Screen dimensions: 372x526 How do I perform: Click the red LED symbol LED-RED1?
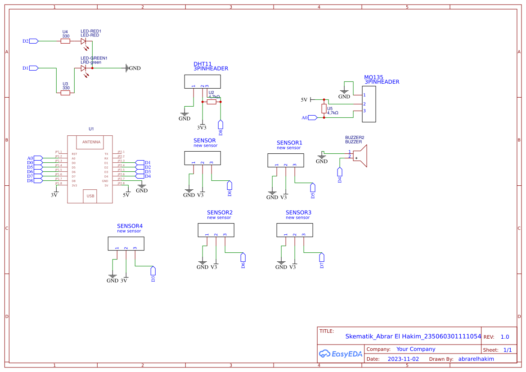point(83,41)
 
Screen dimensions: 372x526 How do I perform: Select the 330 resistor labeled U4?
point(66,41)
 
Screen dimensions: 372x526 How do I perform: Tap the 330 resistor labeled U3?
point(66,93)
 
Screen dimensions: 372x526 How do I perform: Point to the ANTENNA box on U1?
point(91,142)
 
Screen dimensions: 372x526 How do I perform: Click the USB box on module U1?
point(90,196)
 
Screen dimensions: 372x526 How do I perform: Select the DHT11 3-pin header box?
point(202,81)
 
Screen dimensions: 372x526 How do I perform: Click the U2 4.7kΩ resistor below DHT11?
point(212,102)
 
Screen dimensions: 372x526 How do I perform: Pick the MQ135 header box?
point(369,103)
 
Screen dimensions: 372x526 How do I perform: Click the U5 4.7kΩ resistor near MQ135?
point(324,108)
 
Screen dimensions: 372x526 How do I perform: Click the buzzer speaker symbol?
point(361,156)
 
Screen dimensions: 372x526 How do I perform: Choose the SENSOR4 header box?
point(126,244)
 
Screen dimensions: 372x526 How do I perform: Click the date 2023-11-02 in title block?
point(403,359)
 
